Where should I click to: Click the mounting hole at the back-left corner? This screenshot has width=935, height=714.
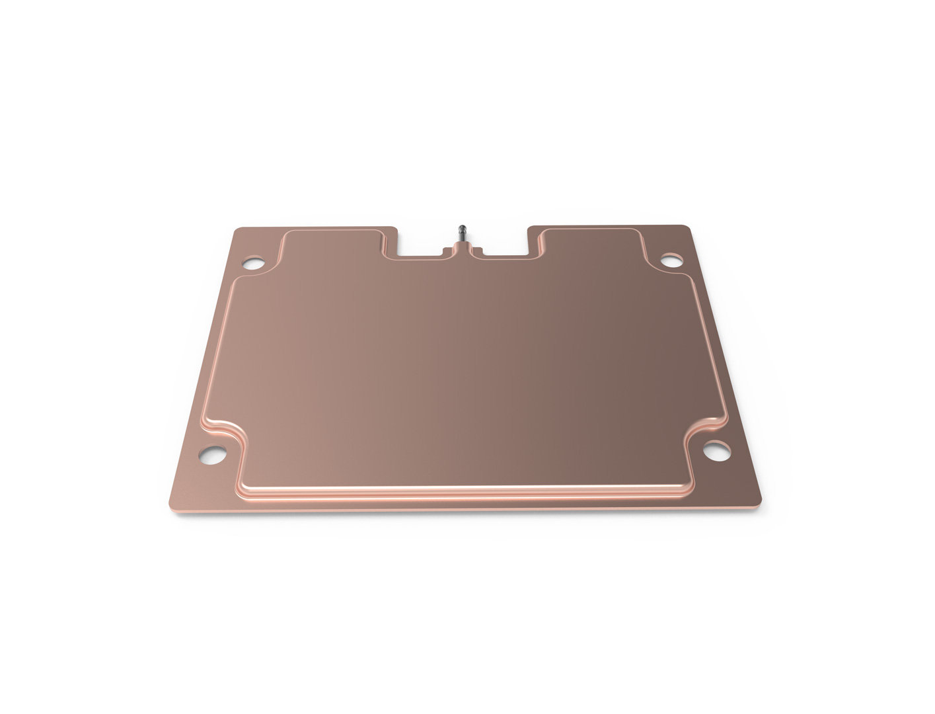[x=253, y=264]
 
